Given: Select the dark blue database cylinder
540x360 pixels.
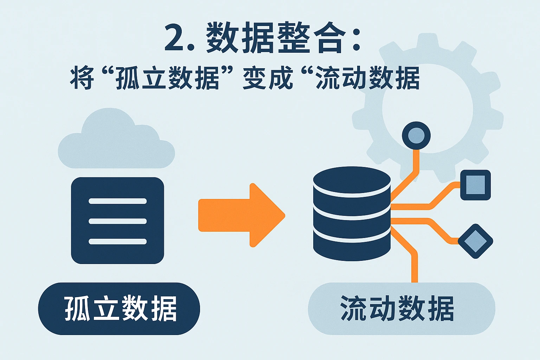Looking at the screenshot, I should [x=352, y=214].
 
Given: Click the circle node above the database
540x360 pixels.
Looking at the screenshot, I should [x=416, y=136].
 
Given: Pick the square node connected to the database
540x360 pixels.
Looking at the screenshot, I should [x=475, y=185].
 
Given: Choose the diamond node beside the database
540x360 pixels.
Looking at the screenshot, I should [x=475, y=241].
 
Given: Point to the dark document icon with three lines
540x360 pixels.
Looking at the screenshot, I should [x=117, y=220].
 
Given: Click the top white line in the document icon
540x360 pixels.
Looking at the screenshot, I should [x=117, y=201].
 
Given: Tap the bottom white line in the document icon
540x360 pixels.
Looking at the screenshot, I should [x=117, y=242].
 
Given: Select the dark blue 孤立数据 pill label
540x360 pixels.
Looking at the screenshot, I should [x=119, y=309].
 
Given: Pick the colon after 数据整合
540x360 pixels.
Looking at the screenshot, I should [x=356, y=39].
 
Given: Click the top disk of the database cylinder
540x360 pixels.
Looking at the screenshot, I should [x=352, y=180].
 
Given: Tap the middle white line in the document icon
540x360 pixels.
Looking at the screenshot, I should [x=117, y=221].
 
